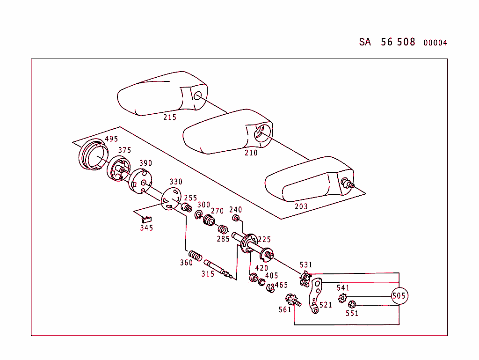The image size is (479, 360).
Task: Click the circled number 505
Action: tap(399, 296)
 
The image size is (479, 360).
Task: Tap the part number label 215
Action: tap(170, 117)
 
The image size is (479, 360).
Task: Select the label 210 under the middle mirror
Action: tap(251, 153)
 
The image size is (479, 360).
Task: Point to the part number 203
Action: tap(301, 206)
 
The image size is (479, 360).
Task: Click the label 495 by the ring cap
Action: tap(111, 139)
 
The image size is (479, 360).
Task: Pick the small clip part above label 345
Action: tap(146, 218)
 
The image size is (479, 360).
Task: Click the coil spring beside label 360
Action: tap(196, 256)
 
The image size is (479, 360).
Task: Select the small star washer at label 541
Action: tap(343, 298)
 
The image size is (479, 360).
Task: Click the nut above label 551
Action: tap(353, 303)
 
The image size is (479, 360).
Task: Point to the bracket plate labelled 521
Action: tap(316, 295)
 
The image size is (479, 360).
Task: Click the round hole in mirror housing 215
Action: tap(197, 96)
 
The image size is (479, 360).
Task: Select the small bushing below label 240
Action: tap(236, 219)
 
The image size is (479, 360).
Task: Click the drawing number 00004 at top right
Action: tap(435, 43)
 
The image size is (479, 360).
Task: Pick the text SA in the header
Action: tap(365, 42)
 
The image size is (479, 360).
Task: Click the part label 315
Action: tap(208, 274)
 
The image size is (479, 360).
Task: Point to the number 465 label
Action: tap(281, 285)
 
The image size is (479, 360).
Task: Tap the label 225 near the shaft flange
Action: tap(264, 240)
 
